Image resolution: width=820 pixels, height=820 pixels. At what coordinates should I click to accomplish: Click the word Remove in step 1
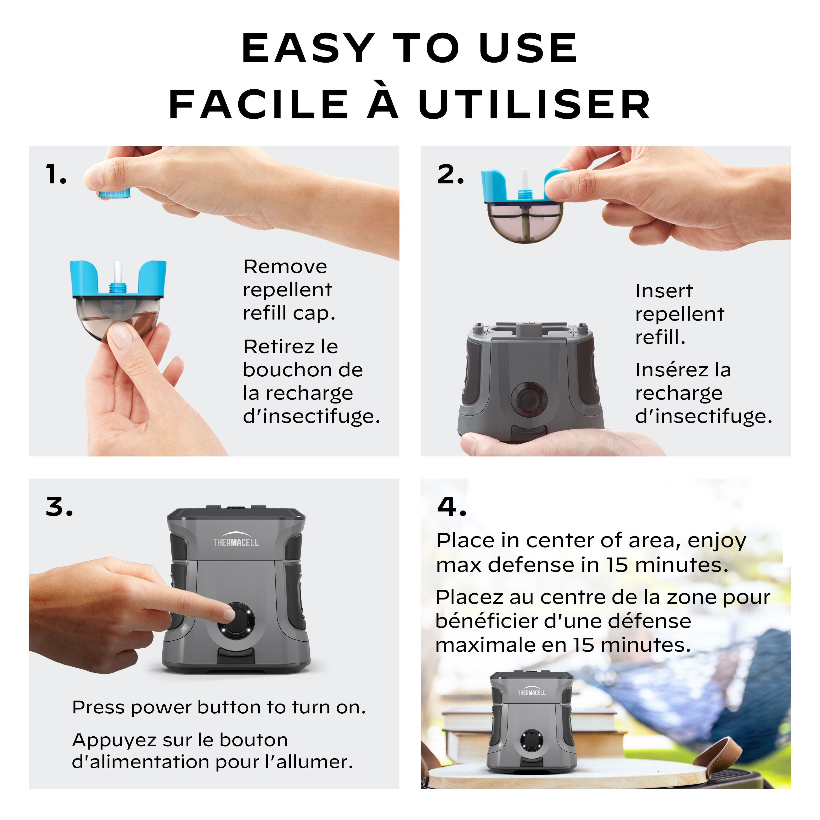(285, 267)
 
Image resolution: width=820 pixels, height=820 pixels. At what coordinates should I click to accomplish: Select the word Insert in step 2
(664, 291)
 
